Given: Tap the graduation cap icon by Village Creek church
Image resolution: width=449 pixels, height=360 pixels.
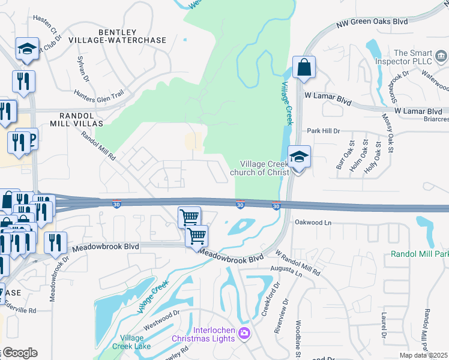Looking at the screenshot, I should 299,157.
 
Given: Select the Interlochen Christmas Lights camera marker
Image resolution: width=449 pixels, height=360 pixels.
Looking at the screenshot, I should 244,333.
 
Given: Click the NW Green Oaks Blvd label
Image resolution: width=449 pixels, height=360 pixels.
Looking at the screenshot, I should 372,22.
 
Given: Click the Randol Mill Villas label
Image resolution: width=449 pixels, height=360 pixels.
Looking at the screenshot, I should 80,119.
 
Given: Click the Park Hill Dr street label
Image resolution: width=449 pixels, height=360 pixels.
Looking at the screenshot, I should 324,131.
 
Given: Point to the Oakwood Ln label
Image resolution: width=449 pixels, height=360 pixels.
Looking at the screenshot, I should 313,222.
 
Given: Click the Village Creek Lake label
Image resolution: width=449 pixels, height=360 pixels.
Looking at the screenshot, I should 131,342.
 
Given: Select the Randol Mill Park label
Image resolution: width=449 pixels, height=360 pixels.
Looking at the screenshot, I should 420,254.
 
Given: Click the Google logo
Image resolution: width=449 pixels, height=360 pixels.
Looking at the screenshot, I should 19,353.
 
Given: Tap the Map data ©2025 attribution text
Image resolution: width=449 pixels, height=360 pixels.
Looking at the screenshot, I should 424,355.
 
